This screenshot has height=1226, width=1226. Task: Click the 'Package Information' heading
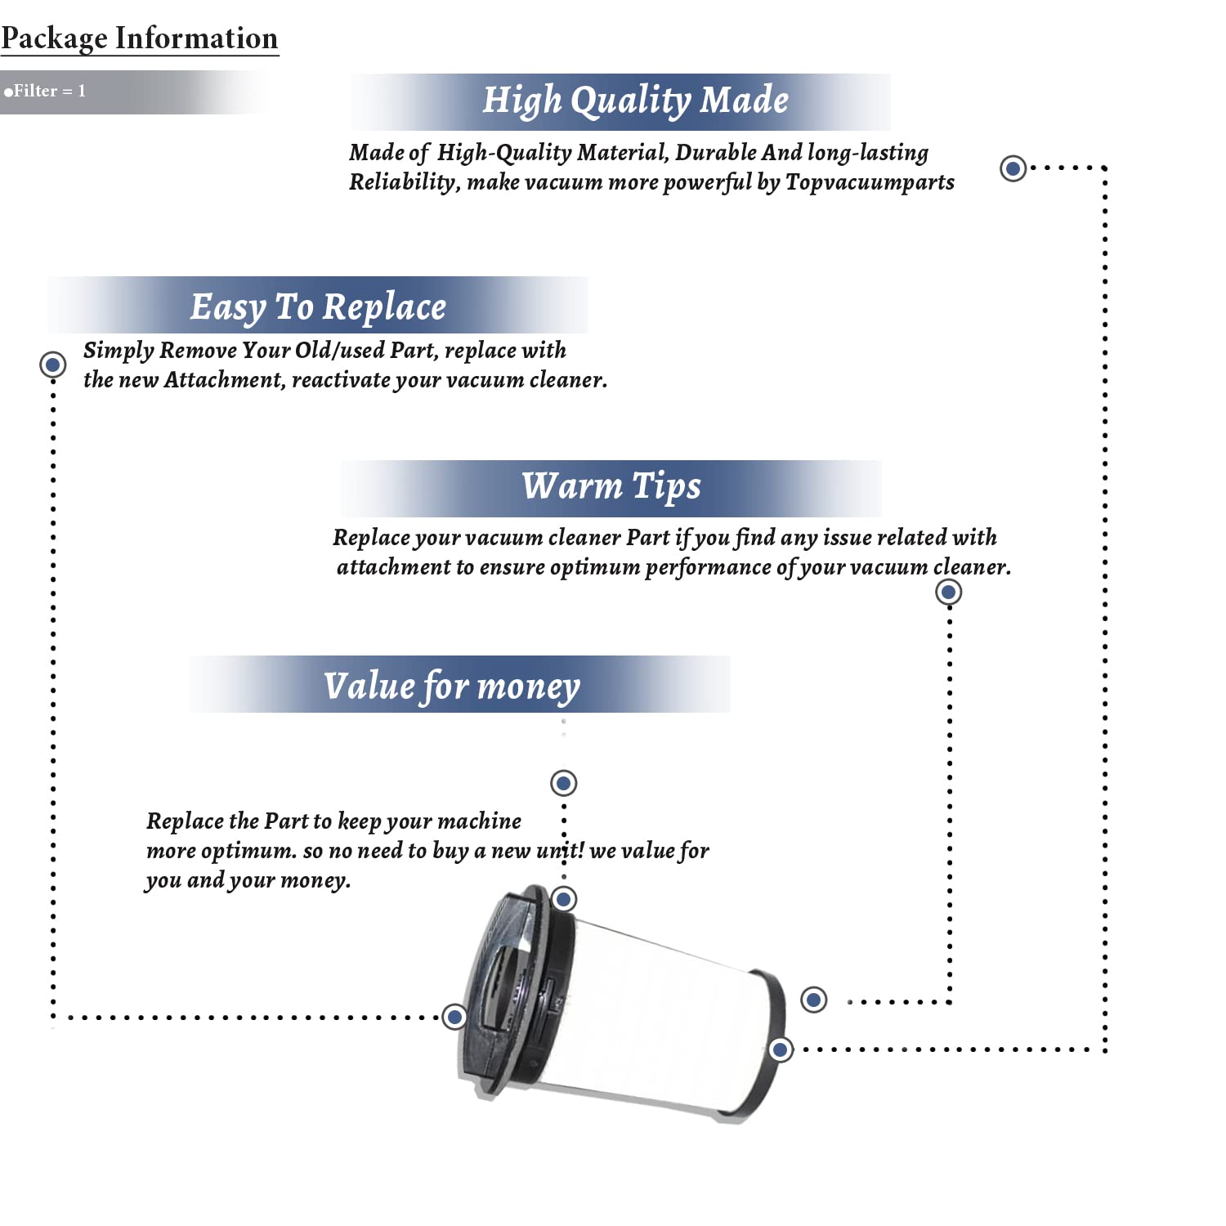coord(139,38)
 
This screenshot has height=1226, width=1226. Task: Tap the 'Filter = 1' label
coord(45,91)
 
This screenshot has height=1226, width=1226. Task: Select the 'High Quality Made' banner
coord(621,101)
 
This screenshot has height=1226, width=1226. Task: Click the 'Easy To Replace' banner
coord(318,305)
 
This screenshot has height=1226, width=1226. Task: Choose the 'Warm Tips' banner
coord(611,488)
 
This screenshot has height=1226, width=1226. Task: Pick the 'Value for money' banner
coord(459,684)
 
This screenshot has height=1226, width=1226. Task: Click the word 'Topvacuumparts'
coord(870,182)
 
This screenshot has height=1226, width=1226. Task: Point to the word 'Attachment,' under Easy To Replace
coord(225,380)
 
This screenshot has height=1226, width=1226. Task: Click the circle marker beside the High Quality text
coord(1013,168)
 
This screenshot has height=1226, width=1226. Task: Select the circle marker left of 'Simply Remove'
coord(53,364)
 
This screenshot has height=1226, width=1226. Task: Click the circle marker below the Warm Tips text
coord(948,592)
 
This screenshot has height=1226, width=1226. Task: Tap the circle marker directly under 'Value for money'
coord(563,783)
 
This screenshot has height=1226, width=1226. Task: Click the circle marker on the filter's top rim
coord(563,899)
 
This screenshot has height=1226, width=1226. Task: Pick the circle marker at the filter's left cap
coord(454,1017)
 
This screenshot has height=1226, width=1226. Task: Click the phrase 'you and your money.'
coord(248,881)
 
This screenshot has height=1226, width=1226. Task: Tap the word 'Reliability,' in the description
coord(405,182)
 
